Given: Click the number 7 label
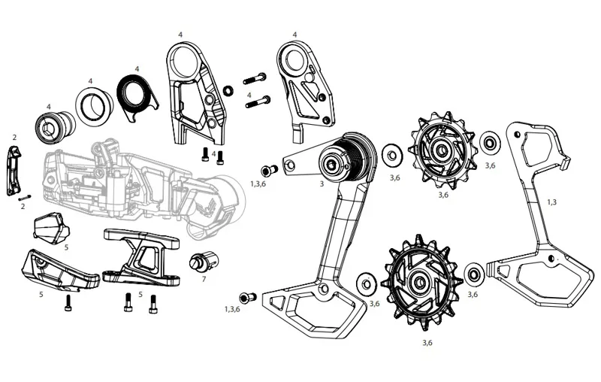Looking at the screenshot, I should coord(204,279).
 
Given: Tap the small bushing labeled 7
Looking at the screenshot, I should coord(205,260).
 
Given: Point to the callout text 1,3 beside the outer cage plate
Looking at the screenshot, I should coord(551,202).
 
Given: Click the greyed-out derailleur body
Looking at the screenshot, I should coord(143,180).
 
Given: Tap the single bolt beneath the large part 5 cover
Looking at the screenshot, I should coord(70,303).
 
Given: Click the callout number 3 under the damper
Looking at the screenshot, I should coord(321,183).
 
